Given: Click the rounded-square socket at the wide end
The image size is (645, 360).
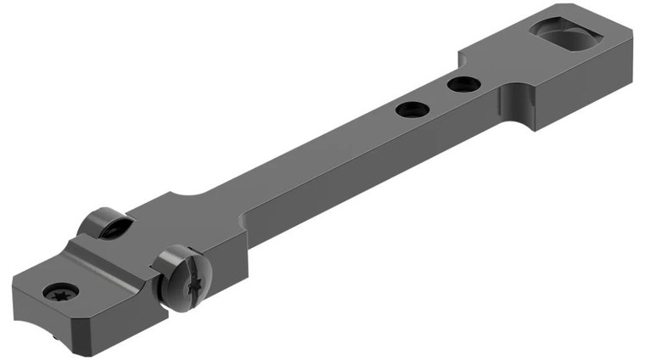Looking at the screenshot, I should (x=565, y=38).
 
